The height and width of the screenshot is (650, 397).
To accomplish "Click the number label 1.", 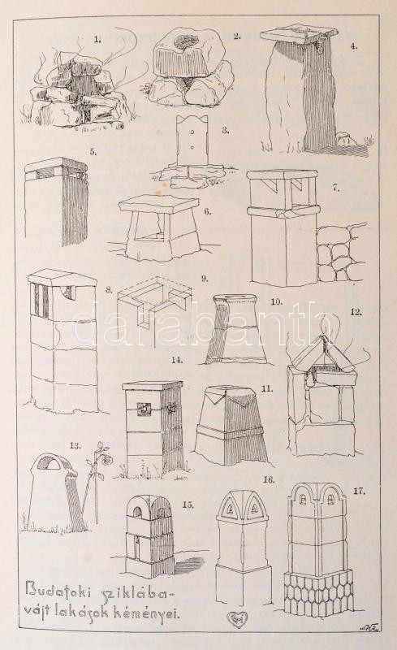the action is pyautogui.click(x=97, y=40).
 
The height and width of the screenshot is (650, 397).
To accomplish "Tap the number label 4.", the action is pyautogui.click(x=353, y=46).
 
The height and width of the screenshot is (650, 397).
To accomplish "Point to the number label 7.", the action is pyautogui.click(x=335, y=188).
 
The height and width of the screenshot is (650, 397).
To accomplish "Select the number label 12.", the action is pyautogui.click(x=355, y=312).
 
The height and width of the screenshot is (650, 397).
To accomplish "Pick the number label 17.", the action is pyautogui.click(x=359, y=492).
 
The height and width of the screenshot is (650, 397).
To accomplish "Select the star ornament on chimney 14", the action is pyautogui.click(x=170, y=409).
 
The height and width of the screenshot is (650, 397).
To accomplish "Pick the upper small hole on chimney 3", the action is pyautogui.click(x=192, y=133).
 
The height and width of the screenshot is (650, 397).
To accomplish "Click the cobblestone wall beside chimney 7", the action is pyautogui.click(x=341, y=251).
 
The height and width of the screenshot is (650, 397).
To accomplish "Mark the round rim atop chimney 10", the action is pyautogui.click(x=235, y=298).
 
